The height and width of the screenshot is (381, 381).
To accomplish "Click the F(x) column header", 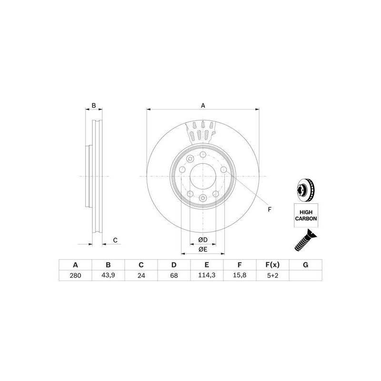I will [272, 265].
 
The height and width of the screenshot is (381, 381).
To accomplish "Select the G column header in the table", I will [305, 265].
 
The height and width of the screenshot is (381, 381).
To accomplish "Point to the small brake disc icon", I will [303, 189].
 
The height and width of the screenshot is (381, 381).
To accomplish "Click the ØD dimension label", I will [202, 240].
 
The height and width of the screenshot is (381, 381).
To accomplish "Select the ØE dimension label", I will [202, 250].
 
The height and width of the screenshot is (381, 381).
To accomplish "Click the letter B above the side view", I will [94, 105].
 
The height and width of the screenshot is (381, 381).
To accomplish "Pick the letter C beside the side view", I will [115, 240].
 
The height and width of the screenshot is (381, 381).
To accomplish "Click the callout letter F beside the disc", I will [269, 209].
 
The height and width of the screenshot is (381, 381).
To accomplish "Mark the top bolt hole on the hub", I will [203, 155].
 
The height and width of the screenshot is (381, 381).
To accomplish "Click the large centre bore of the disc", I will [203, 176].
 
